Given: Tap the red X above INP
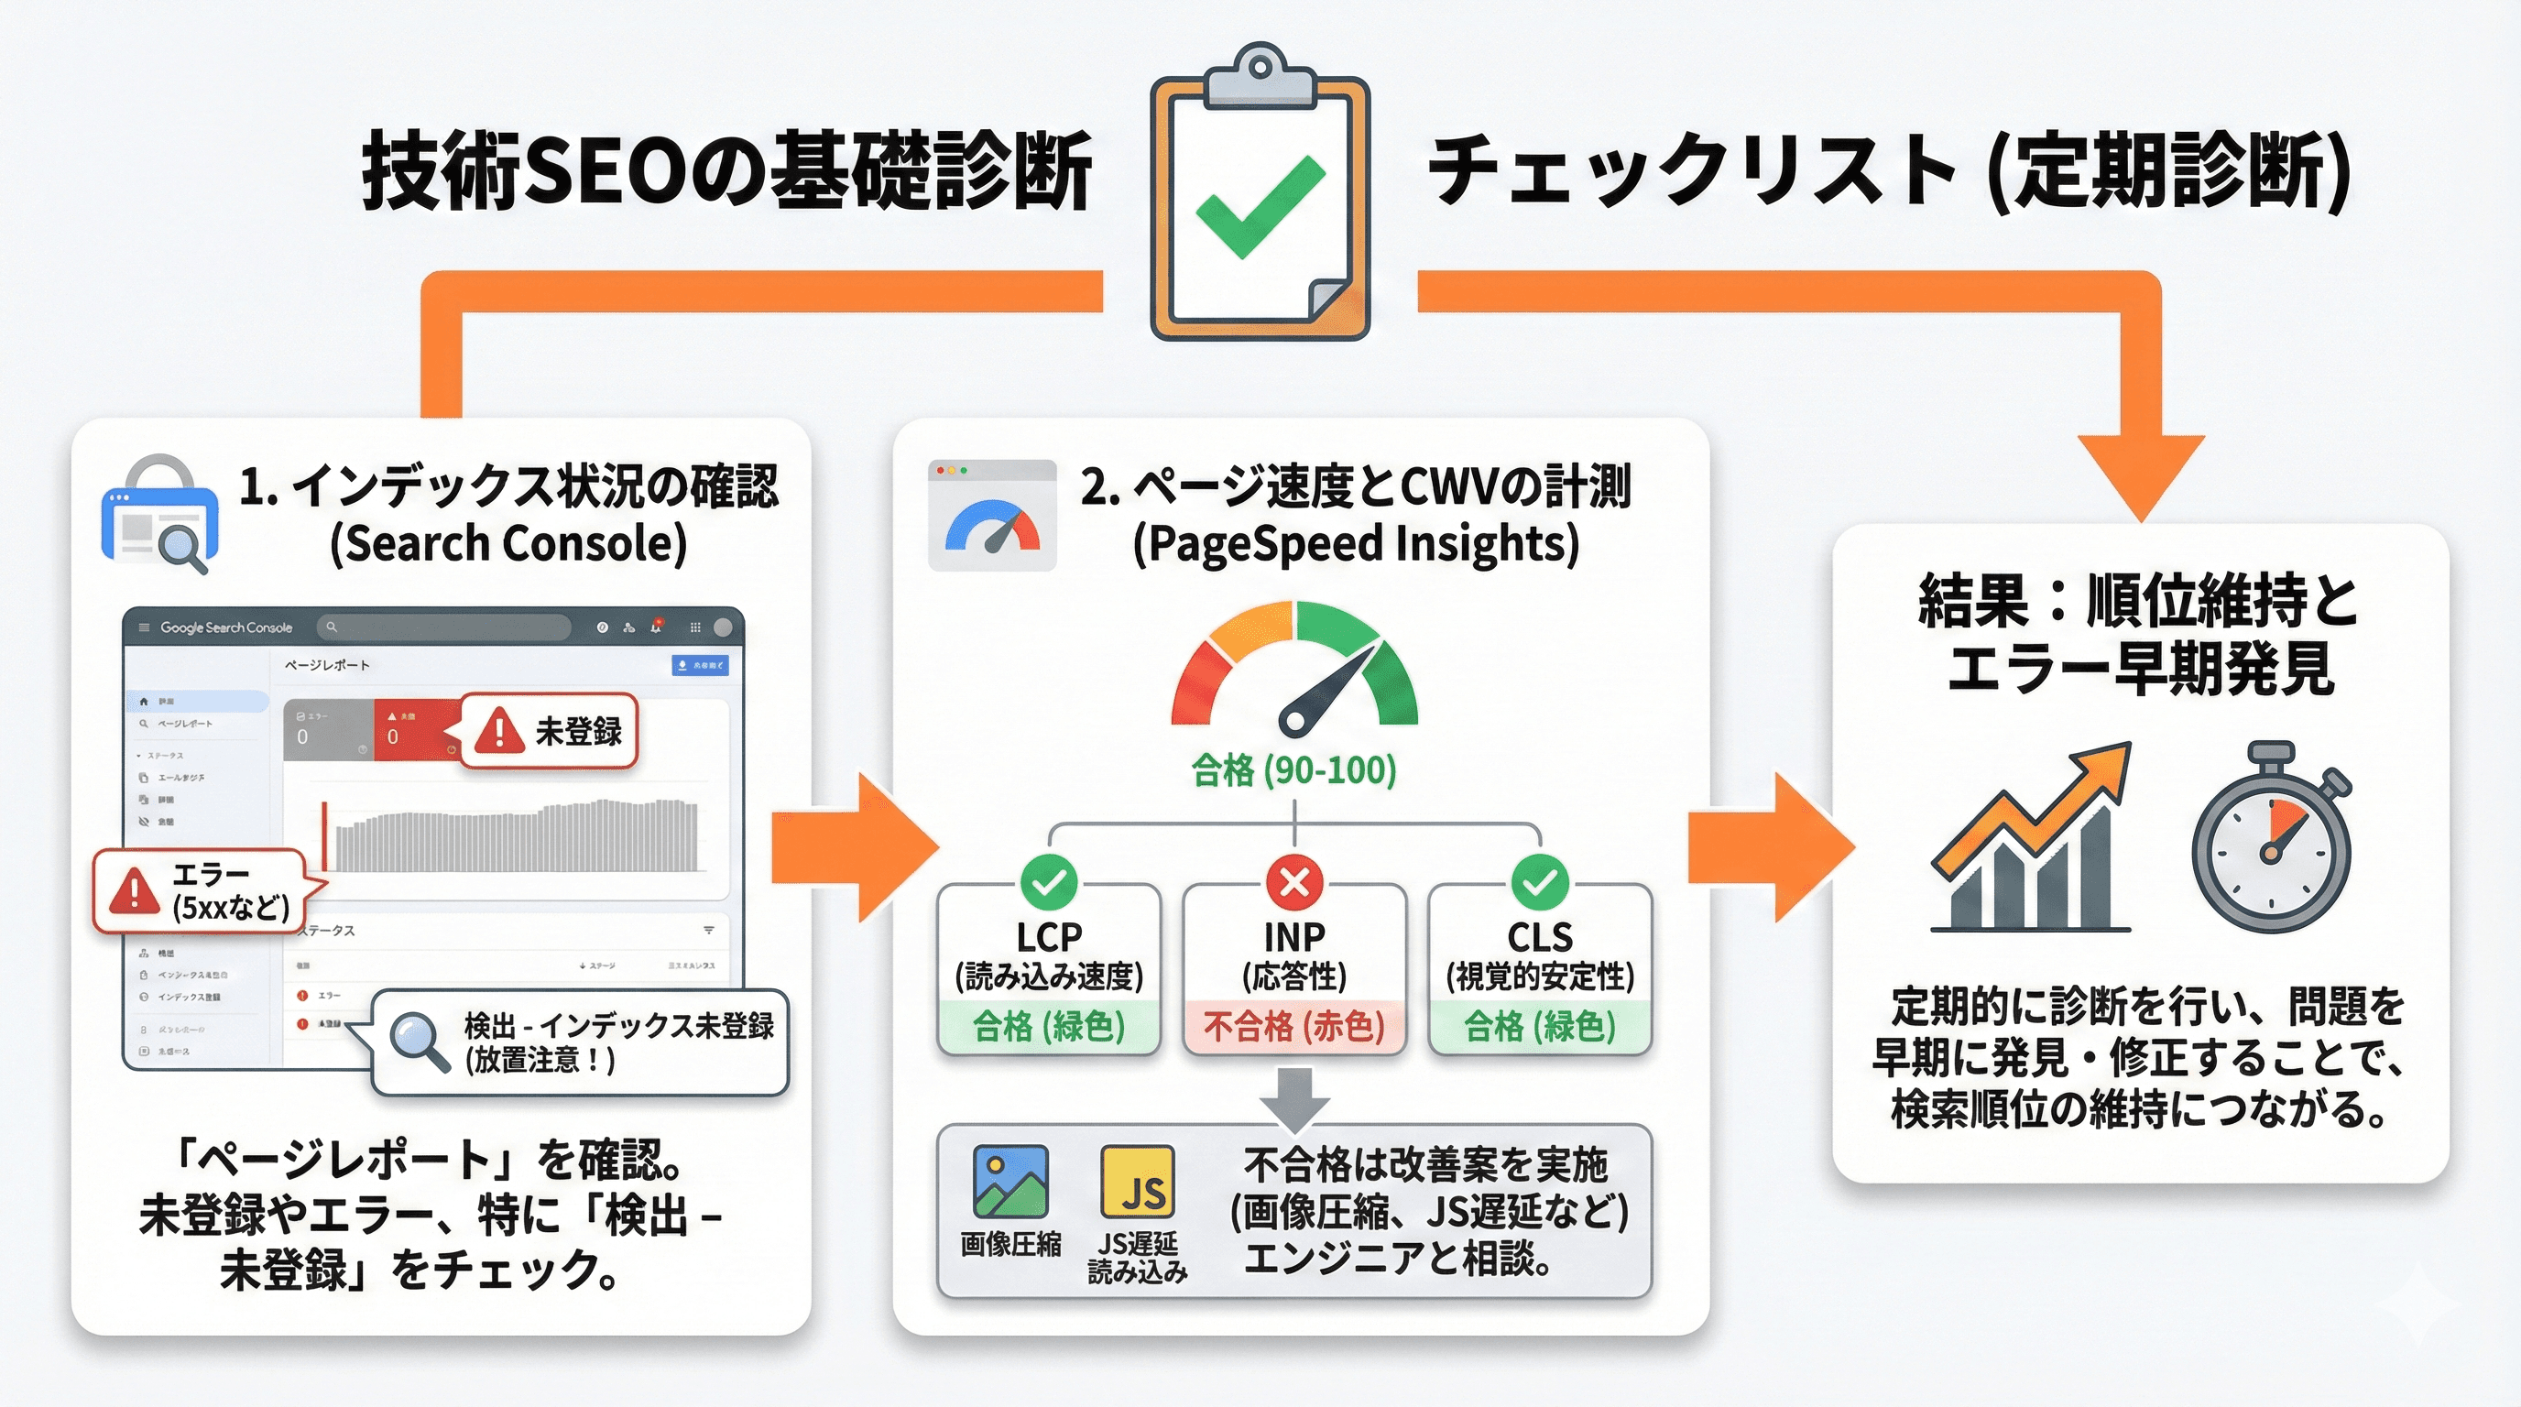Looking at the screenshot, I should click(1293, 882).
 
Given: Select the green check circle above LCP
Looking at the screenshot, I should click(1048, 882).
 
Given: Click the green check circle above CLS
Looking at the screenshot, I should click(1539, 882).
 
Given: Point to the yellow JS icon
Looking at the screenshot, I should click(1137, 1181).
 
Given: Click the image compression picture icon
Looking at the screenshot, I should click(1010, 1181).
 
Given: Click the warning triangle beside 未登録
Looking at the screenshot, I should click(499, 731).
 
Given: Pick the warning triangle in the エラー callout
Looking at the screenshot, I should click(135, 889).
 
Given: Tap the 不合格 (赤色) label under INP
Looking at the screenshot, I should click(1293, 1026).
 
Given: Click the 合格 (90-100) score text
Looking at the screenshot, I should click(1293, 771).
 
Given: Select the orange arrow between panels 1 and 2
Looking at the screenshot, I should click(851, 847).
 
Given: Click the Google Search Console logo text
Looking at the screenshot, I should click(226, 627).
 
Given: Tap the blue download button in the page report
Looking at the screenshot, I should click(700, 665).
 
